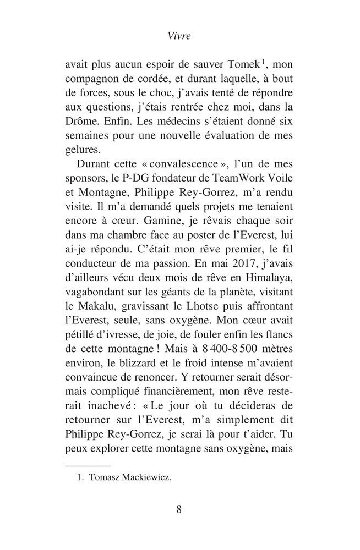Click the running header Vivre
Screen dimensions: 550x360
point(179,37)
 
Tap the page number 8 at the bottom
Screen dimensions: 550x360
point(179,509)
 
